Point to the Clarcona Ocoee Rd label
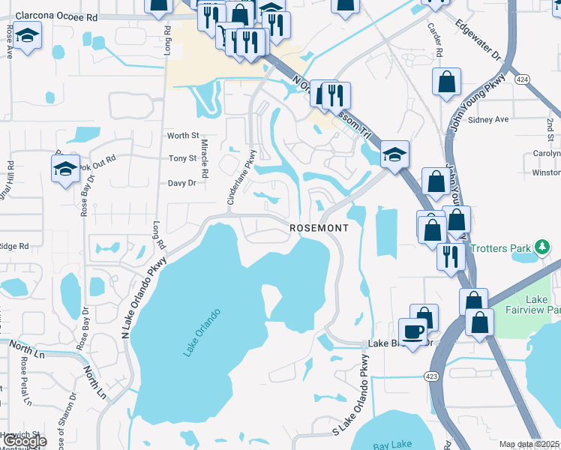coord(56,15)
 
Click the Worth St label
coord(183,136)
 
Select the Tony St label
coord(182,158)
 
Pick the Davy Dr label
coord(181,182)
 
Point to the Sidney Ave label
coord(488,119)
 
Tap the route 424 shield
coord(522,78)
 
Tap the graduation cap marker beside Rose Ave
coord(28,35)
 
